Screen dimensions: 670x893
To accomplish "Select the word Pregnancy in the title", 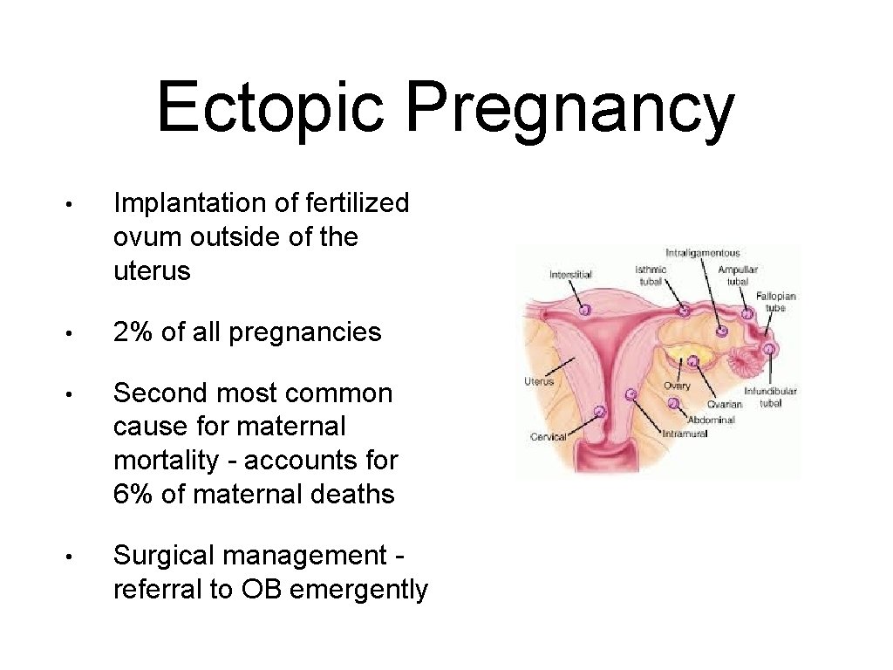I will [570, 110].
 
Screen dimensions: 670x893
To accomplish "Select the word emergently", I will [358, 591].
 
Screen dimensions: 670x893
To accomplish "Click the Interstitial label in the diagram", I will [570, 275].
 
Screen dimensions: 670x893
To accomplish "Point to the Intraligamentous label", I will [702, 254].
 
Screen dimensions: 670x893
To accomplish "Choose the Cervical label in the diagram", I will [549, 436].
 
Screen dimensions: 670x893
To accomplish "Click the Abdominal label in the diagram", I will [711, 420].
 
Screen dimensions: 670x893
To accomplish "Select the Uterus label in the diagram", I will [539, 381].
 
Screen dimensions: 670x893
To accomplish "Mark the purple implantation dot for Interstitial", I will [585, 309].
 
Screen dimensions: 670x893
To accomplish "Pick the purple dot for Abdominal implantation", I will [673, 403].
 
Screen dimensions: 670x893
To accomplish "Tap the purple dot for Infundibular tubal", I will [770, 349].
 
